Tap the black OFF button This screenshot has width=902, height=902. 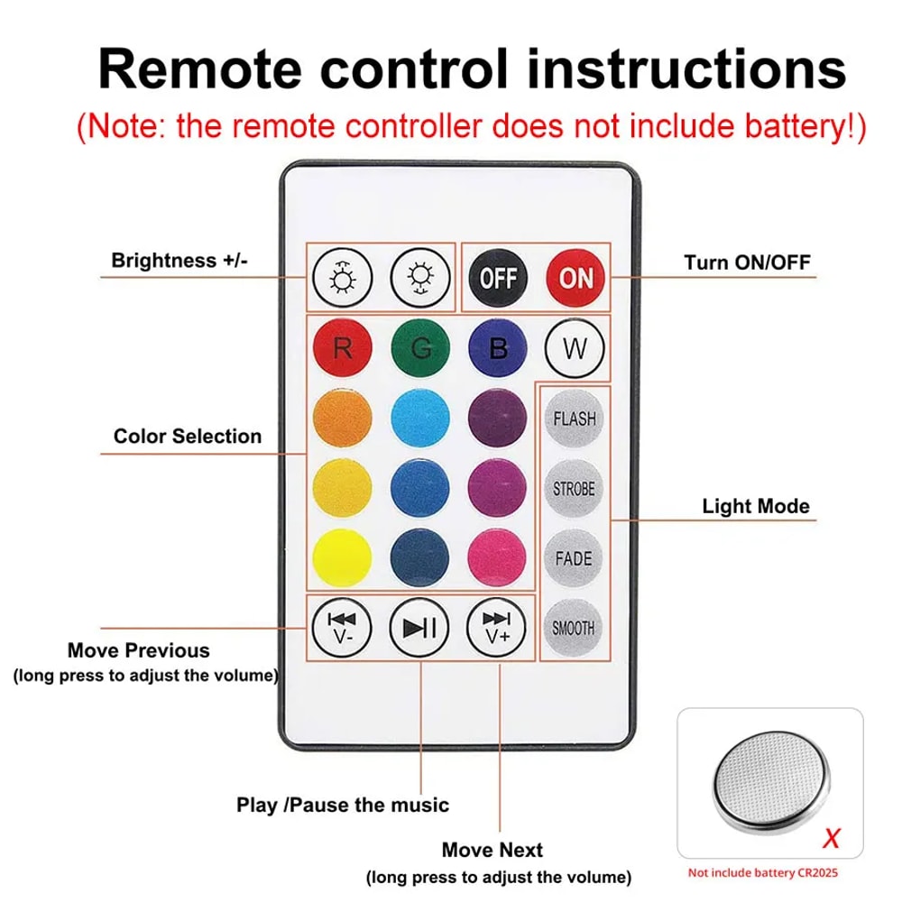point(498,277)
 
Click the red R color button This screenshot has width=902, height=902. point(342,347)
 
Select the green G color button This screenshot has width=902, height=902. point(419,347)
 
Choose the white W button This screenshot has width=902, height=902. point(575,347)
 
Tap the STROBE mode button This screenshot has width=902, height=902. point(574,488)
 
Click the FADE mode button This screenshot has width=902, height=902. point(574,558)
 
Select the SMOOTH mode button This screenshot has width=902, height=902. point(574,628)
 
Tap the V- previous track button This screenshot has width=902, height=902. point(342,627)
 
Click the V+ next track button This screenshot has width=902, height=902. point(497,627)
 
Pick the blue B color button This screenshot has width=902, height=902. point(498,347)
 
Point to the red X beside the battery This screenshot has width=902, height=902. point(832,838)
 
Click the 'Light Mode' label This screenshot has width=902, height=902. point(756,506)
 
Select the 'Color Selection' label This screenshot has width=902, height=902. point(188,437)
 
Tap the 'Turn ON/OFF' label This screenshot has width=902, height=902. point(747,262)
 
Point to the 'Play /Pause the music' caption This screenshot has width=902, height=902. point(343,804)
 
